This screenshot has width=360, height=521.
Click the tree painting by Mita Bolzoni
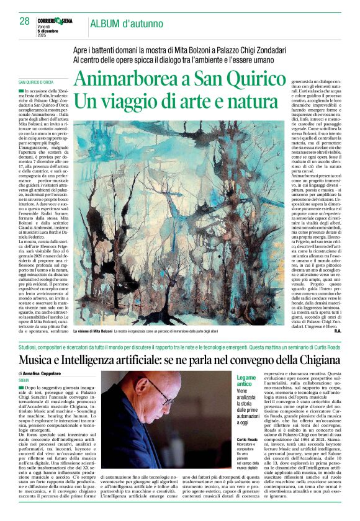tap(180, 223)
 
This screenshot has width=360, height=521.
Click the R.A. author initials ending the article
tap(337, 331)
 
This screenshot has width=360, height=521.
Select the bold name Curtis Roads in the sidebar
tap(247, 439)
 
